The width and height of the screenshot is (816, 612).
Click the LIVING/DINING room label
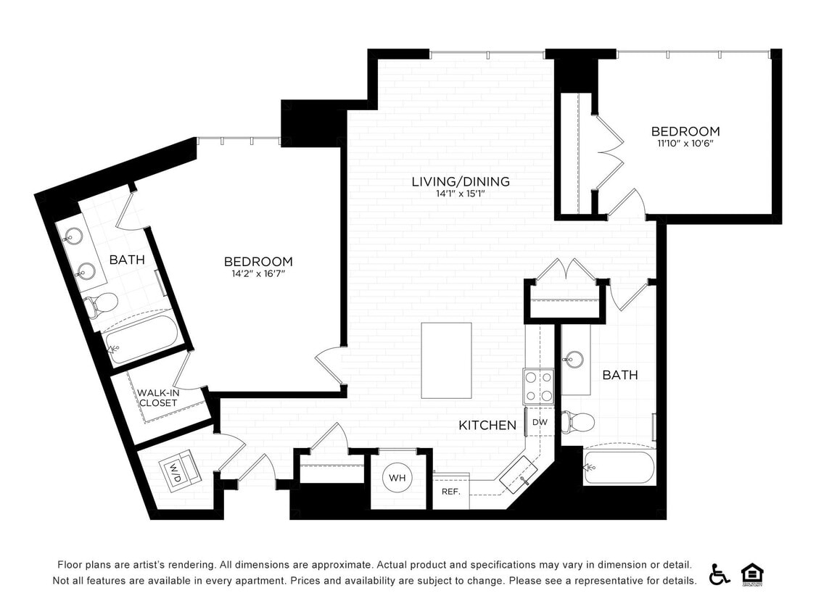(461, 181)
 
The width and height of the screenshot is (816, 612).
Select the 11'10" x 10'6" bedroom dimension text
(685, 144)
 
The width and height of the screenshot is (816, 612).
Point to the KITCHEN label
(487, 426)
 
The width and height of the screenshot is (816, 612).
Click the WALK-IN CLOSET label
(158, 397)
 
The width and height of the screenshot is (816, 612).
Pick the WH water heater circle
(397, 478)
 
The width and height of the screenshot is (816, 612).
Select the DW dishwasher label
(540, 422)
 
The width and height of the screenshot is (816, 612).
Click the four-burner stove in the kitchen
(538, 386)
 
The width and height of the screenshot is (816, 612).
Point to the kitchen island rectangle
(446, 360)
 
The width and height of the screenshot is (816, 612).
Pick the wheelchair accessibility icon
(720, 574)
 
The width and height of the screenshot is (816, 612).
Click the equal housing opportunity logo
(752, 574)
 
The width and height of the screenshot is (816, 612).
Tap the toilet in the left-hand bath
(102, 304)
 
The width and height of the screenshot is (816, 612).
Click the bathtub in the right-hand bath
(620, 466)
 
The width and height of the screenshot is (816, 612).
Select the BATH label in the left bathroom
(127, 260)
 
